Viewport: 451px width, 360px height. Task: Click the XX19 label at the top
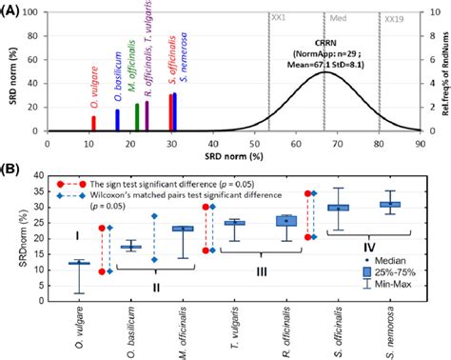[392, 19]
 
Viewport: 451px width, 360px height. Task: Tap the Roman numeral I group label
[75, 234]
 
